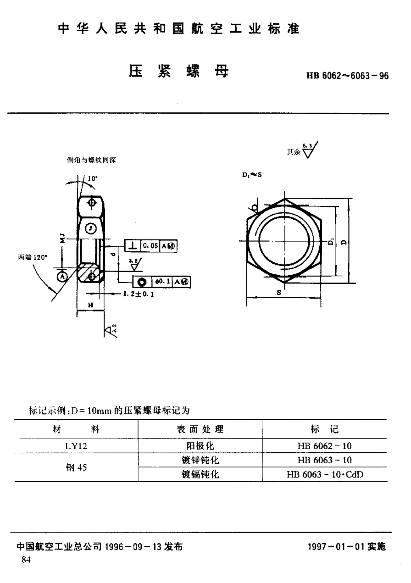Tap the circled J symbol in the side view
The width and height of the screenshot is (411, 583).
click(91, 228)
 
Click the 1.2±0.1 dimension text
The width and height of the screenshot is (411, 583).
click(138, 294)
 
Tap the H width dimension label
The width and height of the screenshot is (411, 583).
click(90, 305)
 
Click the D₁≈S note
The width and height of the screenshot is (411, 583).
click(251, 175)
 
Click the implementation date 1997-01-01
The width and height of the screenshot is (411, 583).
click(348, 547)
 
